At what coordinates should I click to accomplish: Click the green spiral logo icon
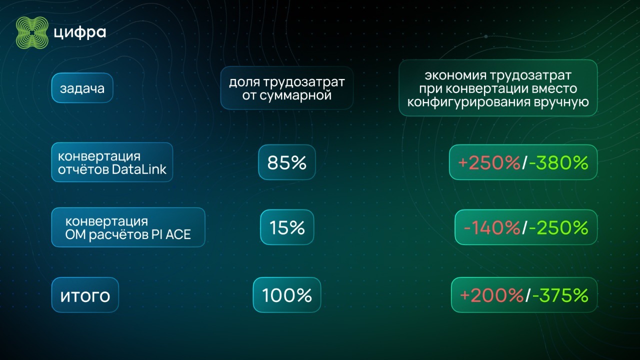click(x=32, y=33)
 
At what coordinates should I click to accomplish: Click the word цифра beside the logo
click(x=80, y=33)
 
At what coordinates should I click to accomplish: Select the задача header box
click(x=82, y=88)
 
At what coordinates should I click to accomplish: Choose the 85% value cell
click(x=287, y=162)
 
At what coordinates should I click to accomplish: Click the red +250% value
click(x=489, y=162)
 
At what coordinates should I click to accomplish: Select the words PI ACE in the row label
click(x=171, y=234)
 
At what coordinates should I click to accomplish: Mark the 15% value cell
click(x=287, y=228)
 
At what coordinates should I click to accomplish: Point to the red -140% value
click(x=492, y=228)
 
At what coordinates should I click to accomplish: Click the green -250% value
click(x=558, y=228)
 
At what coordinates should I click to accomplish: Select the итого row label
click(x=85, y=295)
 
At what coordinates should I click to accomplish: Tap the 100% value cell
click(x=287, y=295)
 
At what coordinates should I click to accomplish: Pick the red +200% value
click(x=491, y=295)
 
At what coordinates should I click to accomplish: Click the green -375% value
click(x=560, y=295)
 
